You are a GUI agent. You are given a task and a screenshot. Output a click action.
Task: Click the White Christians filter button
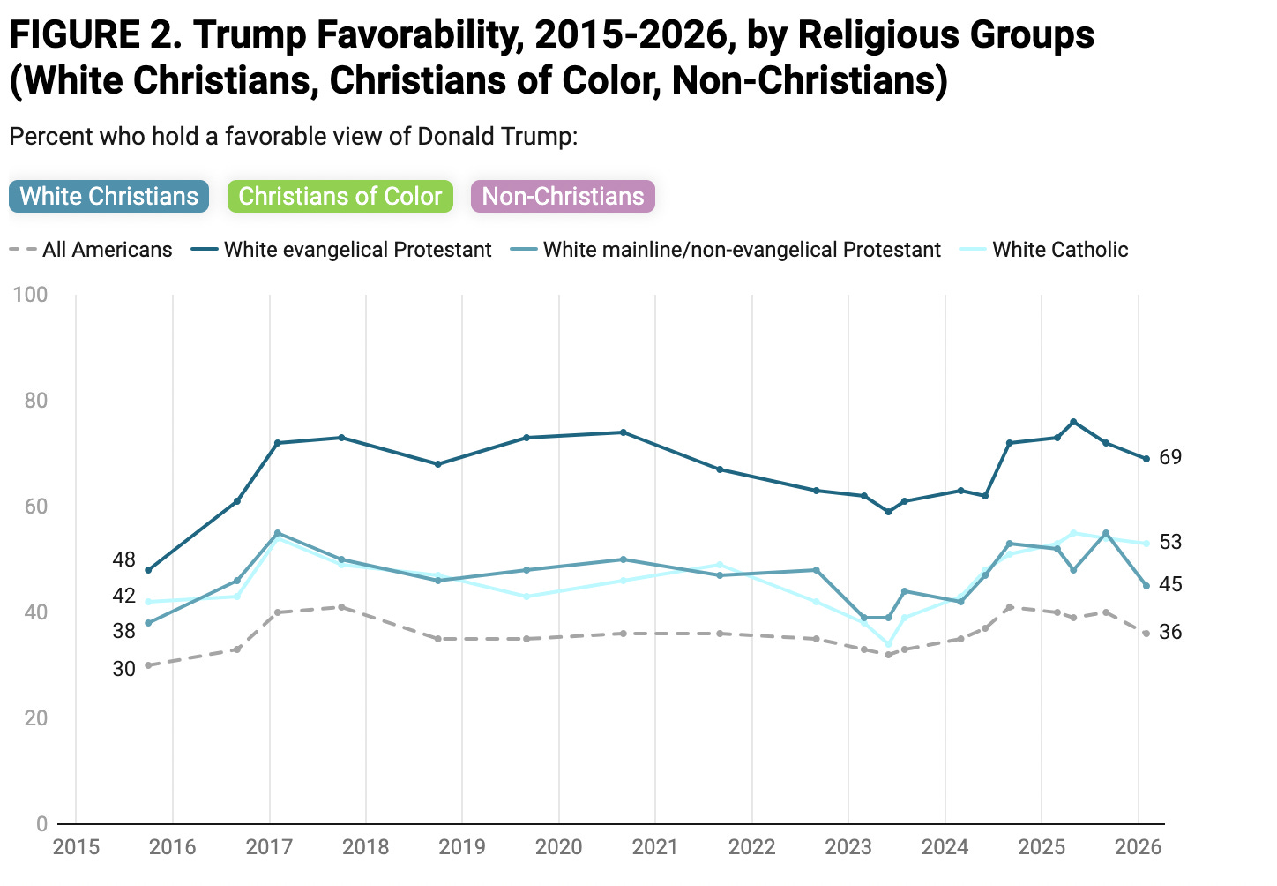click(108, 196)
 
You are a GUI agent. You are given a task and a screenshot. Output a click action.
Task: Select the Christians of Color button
click(340, 196)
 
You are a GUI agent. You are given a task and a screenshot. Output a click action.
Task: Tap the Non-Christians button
click(563, 196)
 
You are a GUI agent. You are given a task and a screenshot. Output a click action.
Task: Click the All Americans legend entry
click(91, 250)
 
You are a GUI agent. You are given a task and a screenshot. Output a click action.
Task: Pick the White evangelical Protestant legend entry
click(341, 250)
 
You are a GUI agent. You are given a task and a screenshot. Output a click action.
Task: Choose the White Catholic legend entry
click(1043, 250)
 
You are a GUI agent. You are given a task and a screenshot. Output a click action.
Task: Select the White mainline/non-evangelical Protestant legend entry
click(725, 250)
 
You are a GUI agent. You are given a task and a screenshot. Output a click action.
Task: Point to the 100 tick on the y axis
click(30, 295)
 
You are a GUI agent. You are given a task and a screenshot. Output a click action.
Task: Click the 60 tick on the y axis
click(36, 506)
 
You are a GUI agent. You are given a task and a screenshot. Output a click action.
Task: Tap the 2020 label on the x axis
click(559, 846)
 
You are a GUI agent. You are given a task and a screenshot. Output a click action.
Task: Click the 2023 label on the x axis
click(848, 846)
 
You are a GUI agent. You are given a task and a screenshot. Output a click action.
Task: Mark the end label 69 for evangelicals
click(1170, 457)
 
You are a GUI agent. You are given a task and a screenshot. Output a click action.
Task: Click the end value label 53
click(1170, 542)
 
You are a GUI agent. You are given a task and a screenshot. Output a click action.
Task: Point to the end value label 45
click(1170, 584)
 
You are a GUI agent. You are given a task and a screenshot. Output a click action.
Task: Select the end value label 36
click(1170, 632)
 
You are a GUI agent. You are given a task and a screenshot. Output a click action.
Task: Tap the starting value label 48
click(123, 559)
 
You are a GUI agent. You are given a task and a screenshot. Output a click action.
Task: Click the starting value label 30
click(123, 669)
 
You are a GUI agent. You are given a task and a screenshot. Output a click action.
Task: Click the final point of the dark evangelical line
click(1146, 459)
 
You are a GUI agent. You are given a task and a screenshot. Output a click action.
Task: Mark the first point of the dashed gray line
click(149, 665)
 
